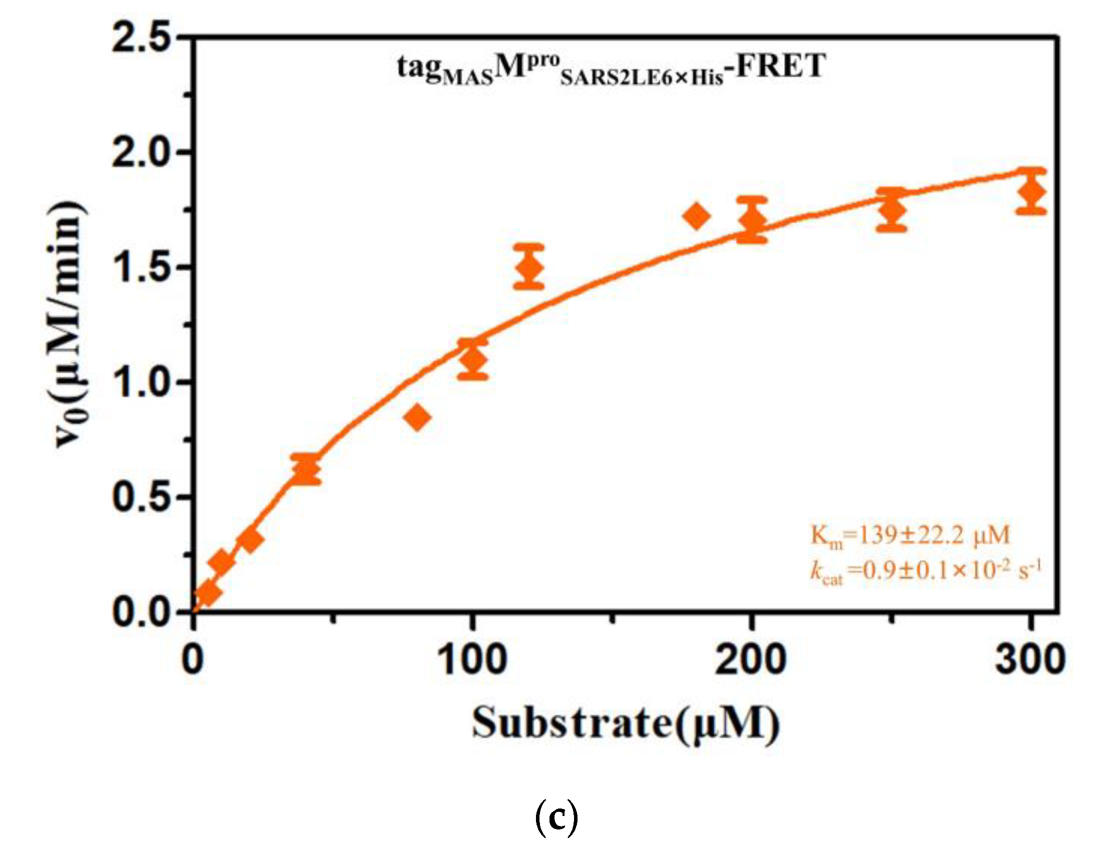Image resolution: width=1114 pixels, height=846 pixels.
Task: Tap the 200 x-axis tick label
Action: click(751, 660)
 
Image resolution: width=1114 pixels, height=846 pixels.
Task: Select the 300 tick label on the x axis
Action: click(1030, 660)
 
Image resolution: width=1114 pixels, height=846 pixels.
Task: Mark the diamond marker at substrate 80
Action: click(417, 417)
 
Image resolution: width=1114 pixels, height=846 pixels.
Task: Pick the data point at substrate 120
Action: click(529, 267)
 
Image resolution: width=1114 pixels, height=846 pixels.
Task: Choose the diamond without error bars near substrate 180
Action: click(697, 217)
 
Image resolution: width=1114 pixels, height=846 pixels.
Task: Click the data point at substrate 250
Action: click(891, 210)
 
